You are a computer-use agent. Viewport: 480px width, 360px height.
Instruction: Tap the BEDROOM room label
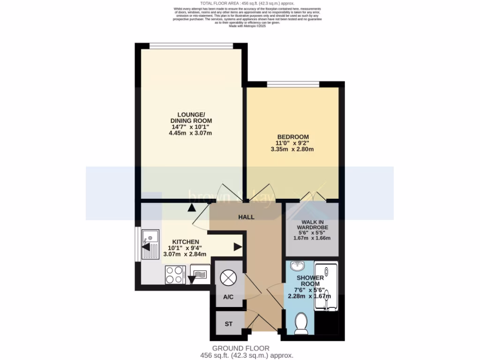tap(292, 136)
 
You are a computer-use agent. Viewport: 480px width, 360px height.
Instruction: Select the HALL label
tap(246, 217)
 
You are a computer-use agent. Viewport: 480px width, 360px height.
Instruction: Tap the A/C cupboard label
tap(228, 297)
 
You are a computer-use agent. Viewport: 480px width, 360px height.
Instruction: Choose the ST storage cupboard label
tap(228, 323)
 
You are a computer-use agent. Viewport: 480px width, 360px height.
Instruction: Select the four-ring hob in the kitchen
tap(175, 274)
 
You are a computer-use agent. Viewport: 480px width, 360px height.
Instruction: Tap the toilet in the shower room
tap(300, 323)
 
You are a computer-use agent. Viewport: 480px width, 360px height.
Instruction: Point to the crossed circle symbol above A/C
tap(228, 277)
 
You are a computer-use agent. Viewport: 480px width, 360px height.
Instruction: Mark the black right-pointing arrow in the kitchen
tap(238, 247)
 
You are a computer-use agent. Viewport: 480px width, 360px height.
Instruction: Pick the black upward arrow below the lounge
tap(191, 208)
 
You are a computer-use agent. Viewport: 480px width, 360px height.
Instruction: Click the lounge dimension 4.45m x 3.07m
tap(191, 133)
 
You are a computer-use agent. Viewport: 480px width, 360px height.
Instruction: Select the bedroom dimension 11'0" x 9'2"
tap(292, 143)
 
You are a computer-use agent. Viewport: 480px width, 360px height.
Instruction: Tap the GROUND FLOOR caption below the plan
tap(240, 348)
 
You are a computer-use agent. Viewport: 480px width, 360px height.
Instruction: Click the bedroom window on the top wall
tap(293, 84)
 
